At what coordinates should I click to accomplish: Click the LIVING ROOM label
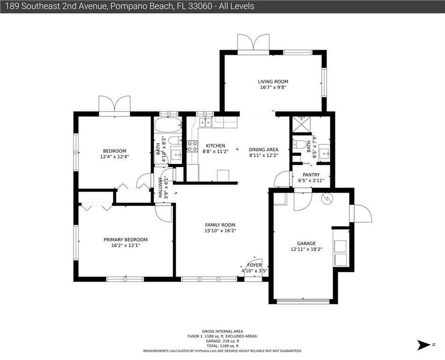click(x=273, y=82)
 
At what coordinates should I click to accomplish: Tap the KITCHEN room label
click(x=215, y=146)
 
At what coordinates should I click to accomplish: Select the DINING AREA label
click(x=264, y=150)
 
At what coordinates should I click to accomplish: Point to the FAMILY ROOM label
click(x=220, y=225)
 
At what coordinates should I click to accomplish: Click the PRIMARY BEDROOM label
click(x=126, y=240)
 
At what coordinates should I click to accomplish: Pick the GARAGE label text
click(x=306, y=244)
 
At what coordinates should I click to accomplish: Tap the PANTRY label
click(x=311, y=175)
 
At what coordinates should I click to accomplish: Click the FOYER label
click(x=254, y=265)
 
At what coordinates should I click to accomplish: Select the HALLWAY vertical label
click(x=160, y=187)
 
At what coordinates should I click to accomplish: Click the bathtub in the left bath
click(x=168, y=125)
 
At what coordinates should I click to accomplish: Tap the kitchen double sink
click(x=206, y=123)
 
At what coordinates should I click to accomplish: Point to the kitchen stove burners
click(x=193, y=147)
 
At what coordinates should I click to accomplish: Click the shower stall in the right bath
click(x=301, y=124)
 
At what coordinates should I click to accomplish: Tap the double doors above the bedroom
click(x=115, y=104)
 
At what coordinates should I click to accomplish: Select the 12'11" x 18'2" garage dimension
click(x=306, y=249)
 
